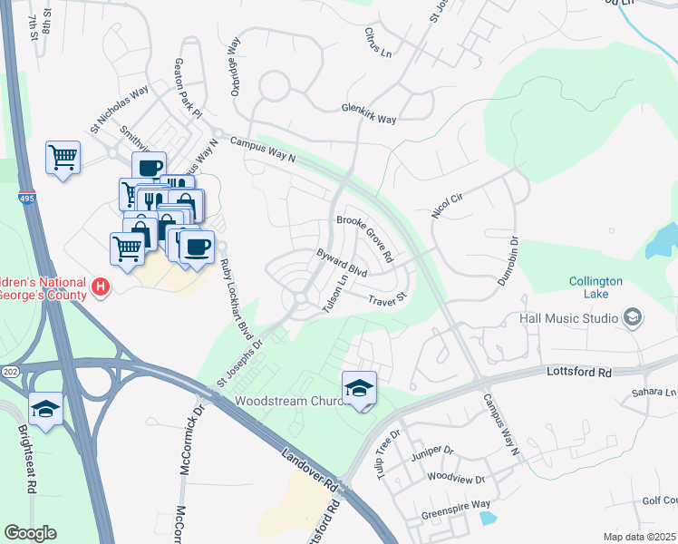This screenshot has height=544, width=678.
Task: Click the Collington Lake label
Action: click(x=596, y=288)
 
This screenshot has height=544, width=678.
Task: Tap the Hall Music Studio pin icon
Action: click(x=633, y=317)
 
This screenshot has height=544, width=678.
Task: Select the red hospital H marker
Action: click(x=102, y=287)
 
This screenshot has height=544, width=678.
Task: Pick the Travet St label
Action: click(x=389, y=296)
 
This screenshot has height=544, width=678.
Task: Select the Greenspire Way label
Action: click(x=456, y=504)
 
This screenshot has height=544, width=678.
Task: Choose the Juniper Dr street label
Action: click(x=431, y=450)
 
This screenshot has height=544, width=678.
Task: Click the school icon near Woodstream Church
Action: click(x=359, y=388)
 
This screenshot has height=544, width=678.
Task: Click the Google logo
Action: click(x=30, y=533)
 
